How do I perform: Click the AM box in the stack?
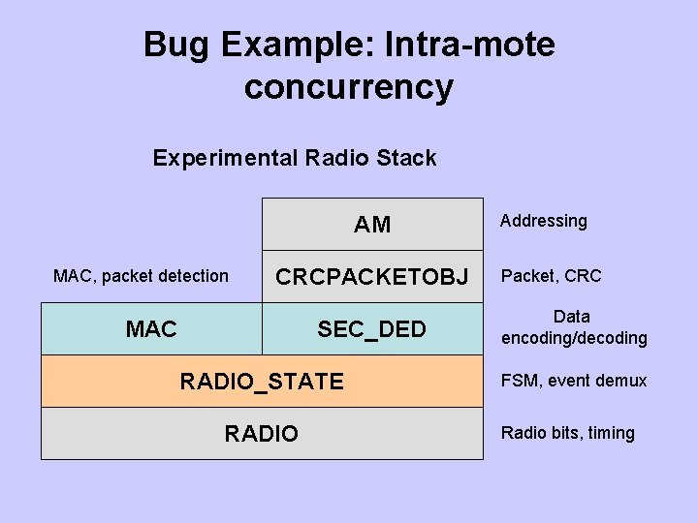click(x=372, y=225)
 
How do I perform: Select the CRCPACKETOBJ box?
click(x=372, y=277)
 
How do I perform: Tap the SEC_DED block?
click(x=372, y=329)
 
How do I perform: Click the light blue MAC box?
click(x=151, y=329)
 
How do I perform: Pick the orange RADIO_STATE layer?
click(x=262, y=382)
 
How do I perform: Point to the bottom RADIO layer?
click(x=262, y=433)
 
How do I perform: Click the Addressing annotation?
click(x=543, y=221)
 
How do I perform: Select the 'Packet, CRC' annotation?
click(x=551, y=276)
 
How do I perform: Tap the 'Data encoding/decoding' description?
click(x=573, y=327)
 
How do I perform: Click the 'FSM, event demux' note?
click(x=573, y=381)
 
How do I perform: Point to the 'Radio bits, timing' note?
click(x=567, y=433)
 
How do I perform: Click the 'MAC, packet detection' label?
click(x=141, y=276)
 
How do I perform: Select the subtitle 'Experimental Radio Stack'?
click(x=295, y=158)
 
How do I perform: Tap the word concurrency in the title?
click(x=349, y=87)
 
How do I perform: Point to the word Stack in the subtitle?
click(x=405, y=158)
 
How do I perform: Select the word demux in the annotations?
click(x=624, y=381)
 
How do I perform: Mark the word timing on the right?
click(x=611, y=433)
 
